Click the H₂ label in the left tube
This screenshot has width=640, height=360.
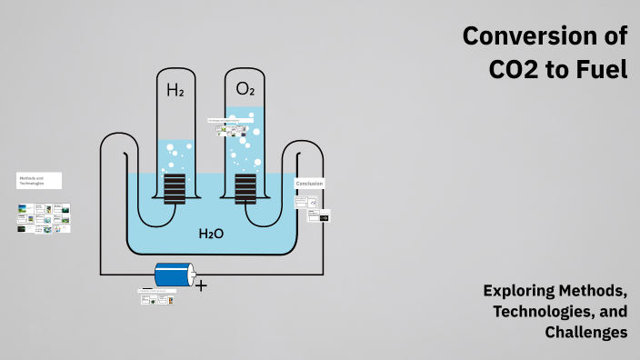click(174, 90)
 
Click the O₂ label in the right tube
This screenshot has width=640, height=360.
click(245, 89)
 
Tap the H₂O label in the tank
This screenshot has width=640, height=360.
click(211, 235)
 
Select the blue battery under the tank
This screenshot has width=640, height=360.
click(175, 275)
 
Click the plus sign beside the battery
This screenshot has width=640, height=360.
click(201, 285)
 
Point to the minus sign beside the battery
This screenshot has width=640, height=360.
click(147, 288)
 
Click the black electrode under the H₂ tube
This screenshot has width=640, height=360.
click(175, 188)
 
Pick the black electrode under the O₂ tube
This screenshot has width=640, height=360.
click(245, 188)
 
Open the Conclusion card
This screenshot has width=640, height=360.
click(309, 184)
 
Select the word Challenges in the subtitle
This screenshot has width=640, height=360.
click(586, 333)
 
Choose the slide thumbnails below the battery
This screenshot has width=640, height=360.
click(156, 297)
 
